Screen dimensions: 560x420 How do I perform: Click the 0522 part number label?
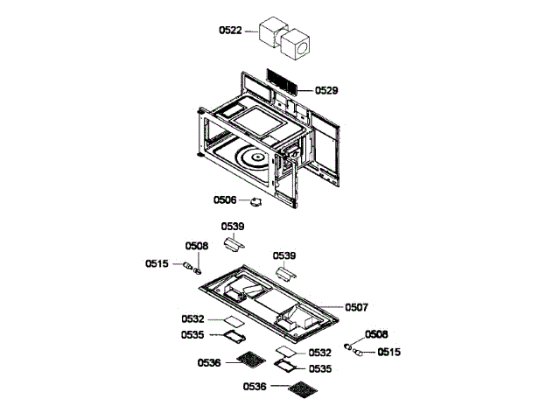click(x=230, y=30)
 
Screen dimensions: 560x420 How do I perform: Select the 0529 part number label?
click(x=326, y=90)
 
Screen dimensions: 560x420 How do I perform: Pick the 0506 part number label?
click(x=225, y=199)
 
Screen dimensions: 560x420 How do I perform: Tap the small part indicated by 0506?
click(x=255, y=204)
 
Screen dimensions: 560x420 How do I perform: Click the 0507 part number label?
click(x=357, y=307)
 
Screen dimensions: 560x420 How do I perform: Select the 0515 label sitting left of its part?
click(x=157, y=262)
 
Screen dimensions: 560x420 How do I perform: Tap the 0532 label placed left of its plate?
click(x=193, y=318)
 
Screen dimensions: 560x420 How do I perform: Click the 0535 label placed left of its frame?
click(x=193, y=333)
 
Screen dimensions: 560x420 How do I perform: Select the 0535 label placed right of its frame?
click(x=319, y=368)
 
